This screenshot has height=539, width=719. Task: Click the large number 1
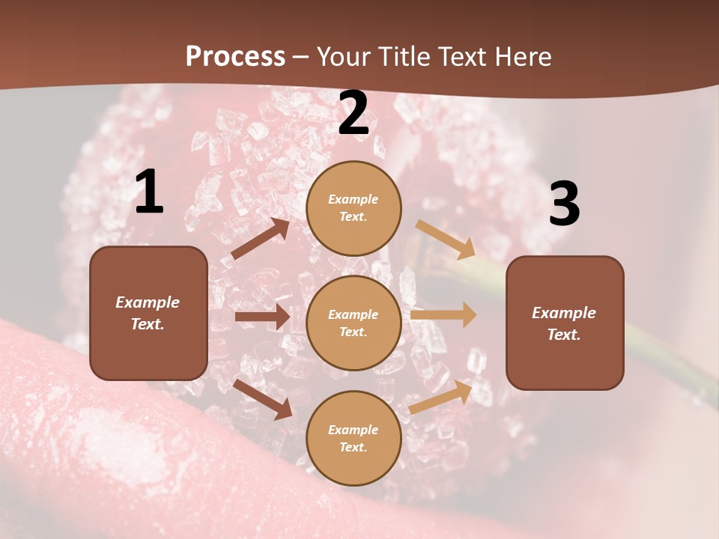point(149,192)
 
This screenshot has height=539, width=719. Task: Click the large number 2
point(354,113)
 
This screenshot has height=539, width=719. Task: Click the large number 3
point(564,204)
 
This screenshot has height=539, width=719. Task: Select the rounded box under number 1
point(148,313)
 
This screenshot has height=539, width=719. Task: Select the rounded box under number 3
point(565,323)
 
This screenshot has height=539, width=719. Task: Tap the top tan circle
point(354,208)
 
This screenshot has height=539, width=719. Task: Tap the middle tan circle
point(354,323)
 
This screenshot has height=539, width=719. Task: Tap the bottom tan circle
point(354,438)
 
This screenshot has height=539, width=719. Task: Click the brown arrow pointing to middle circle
point(262,317)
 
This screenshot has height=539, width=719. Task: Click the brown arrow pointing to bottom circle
point(263,399)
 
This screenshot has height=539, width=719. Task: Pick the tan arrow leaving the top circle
point(446,239)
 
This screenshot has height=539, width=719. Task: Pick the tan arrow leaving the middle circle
point(443,315)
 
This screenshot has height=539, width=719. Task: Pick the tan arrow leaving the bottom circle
point(441,397)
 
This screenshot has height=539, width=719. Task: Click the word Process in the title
point(235,57)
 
